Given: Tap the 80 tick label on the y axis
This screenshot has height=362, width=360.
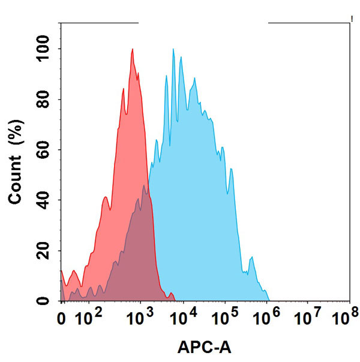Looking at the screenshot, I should tap(44, 100).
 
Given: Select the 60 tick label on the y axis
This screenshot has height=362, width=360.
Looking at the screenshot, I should tap(44, 150).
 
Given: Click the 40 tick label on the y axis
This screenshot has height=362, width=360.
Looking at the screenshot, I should tap(44, 201).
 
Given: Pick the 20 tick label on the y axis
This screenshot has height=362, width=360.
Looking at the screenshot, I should tap(44, 251).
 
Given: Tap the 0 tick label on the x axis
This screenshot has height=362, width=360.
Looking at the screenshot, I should tap(61, 316).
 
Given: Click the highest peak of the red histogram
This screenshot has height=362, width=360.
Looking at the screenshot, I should tap(132, 50).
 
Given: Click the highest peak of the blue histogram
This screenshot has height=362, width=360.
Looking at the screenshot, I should tap(173, 50).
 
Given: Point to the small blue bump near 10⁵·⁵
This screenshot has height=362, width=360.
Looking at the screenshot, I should tap(252, 259).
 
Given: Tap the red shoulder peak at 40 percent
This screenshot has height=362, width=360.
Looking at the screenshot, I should tap(106, 197).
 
